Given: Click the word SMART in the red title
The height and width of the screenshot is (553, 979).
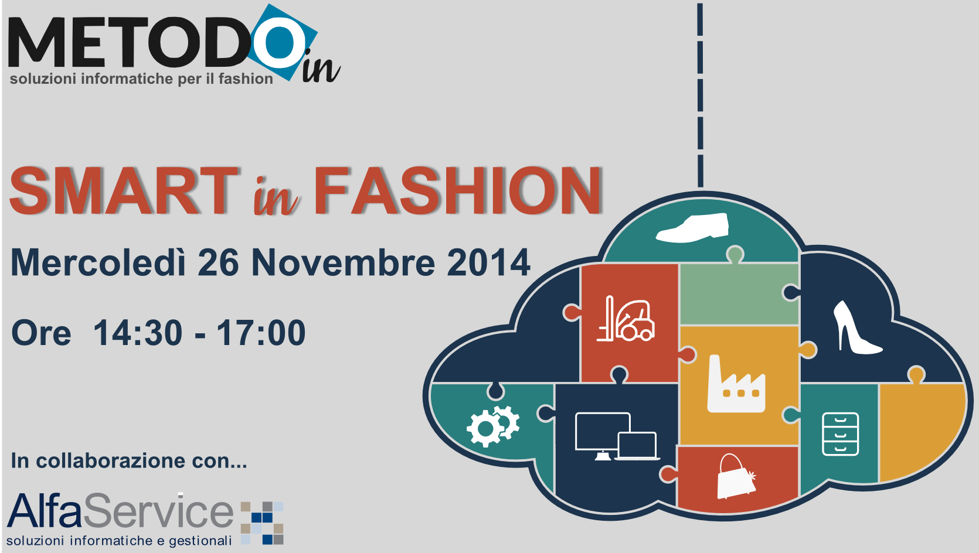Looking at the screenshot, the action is tap(124, 191).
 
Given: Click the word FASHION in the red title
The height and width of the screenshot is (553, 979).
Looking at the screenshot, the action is tap(458, 191).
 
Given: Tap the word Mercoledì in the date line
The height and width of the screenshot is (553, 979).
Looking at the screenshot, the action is tap(98, 262).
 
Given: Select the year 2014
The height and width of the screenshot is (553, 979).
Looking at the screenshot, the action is tap(488, 263).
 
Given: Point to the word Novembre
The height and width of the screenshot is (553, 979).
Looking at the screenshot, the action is tap(344, 263).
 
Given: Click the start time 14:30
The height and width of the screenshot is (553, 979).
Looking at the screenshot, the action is tap(138, 333).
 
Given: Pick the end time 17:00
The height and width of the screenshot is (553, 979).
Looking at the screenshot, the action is tap(261, 333).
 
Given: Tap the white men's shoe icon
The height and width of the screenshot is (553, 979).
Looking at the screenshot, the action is tap(692, 227).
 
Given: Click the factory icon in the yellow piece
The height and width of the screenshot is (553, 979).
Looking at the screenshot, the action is tap(736, 384).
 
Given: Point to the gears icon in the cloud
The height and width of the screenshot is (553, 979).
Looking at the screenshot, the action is tap(493, 426).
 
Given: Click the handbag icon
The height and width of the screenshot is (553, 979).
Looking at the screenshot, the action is tap(736, 477).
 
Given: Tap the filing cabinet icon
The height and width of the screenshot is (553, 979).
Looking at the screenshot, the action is tap(841, 434).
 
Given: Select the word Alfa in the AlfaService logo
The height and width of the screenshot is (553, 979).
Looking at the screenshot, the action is tap(45, 511).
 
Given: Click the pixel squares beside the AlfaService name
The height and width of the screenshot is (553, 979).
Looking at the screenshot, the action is tap(262, 523).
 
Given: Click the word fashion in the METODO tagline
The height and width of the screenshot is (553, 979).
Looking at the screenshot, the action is tap(246, 78).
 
